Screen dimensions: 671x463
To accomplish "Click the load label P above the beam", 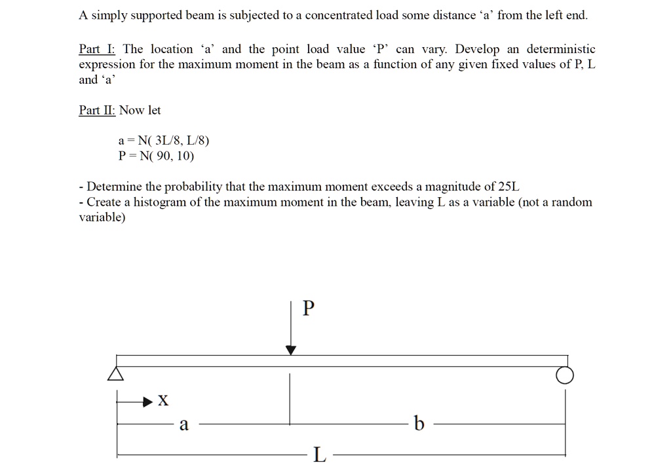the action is (x=309, y=308).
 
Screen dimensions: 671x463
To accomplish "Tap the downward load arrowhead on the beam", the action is (x=292, y=350).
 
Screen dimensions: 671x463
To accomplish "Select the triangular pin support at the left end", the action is (x=116, y=373).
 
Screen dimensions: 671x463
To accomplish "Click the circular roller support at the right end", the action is (x=565, y=375).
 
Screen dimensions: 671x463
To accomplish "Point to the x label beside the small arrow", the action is (x=163, y=400).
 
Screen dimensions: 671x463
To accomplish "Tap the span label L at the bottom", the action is (x=318, y=454).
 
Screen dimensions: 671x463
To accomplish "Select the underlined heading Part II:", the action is (x=97, y=110).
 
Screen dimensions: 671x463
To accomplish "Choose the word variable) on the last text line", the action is (x=102, y=217).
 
